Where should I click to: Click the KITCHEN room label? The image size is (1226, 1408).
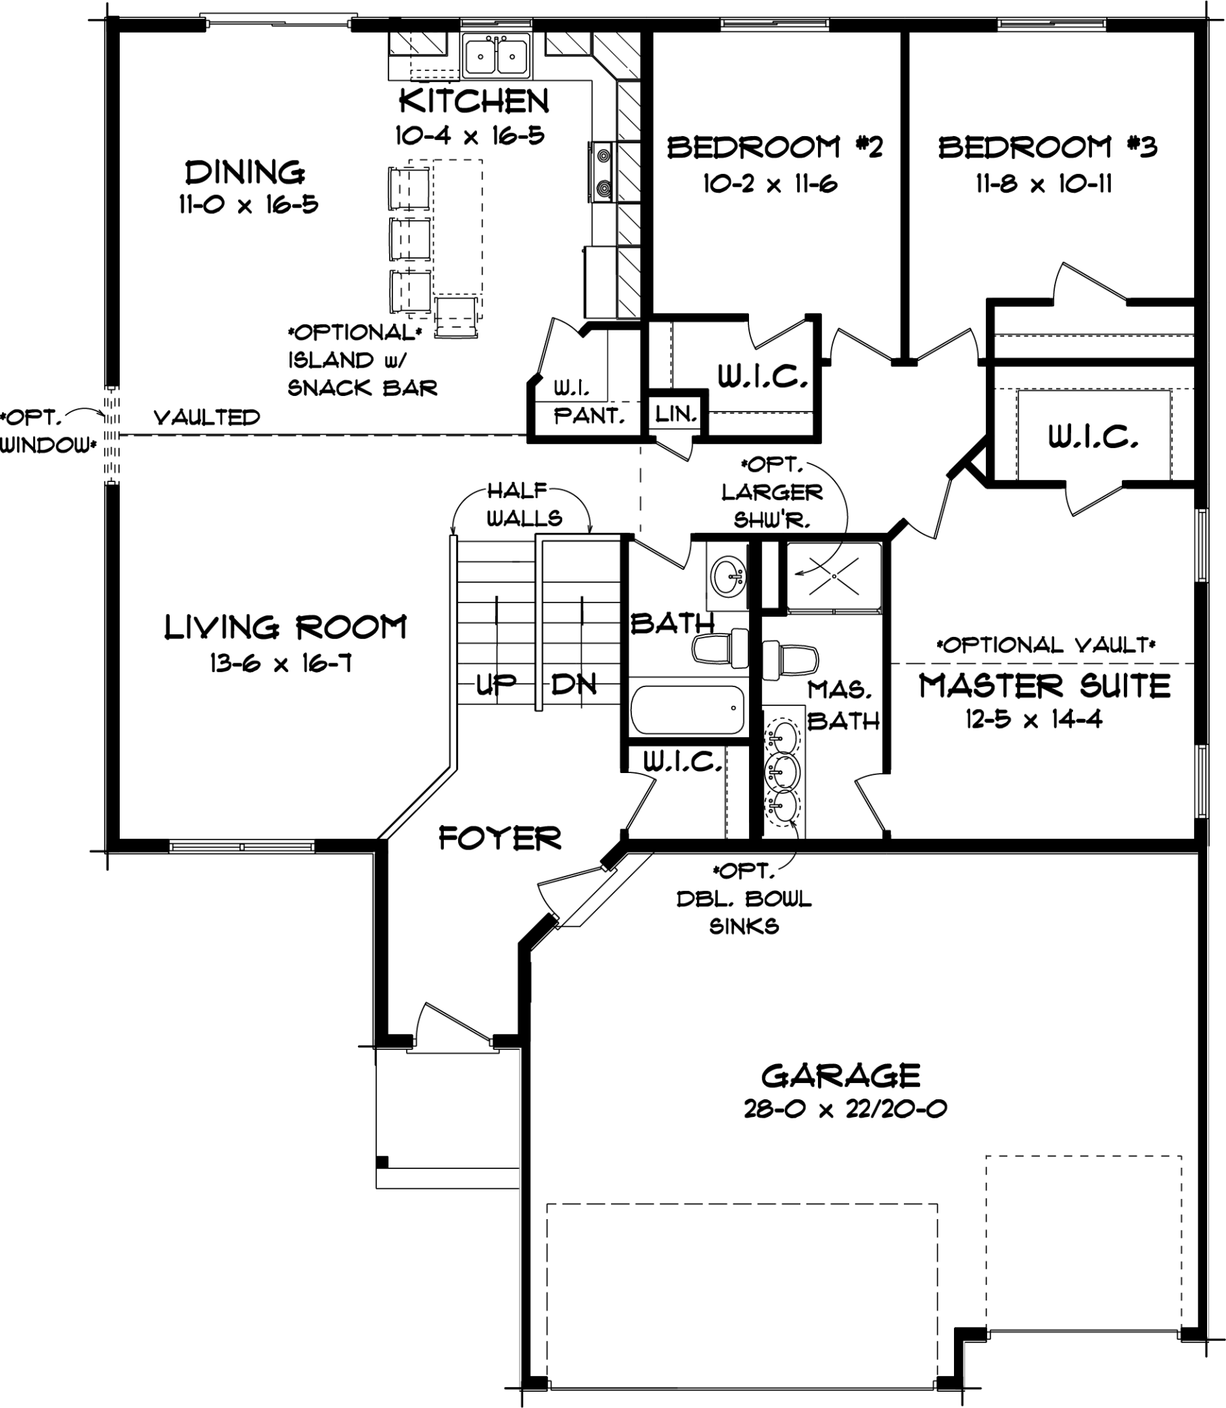[x=474, y=102]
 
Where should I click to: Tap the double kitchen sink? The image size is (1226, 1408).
[x=496, y=56]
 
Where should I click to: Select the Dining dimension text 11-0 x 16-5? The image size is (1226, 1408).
[x=248, y=204]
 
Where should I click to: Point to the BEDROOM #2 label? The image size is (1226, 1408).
[x=775, y=147]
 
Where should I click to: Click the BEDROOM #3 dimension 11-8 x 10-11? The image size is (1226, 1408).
[x=1043, y=183]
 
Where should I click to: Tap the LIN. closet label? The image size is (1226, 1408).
[x=676, y=414]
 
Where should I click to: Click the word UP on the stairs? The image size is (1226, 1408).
[x=496, y=684]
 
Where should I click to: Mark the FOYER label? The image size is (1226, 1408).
[x=499, y=839]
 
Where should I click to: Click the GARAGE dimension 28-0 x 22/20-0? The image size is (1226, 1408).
[x=845, y=1109]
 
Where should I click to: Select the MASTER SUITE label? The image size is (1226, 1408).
[x=1044, y=686]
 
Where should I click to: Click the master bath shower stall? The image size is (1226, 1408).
[x=834, y=576]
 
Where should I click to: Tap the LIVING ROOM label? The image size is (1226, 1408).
[x=286, y=628]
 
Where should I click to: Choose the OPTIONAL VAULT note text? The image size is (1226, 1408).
[x=1046, y=645]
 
